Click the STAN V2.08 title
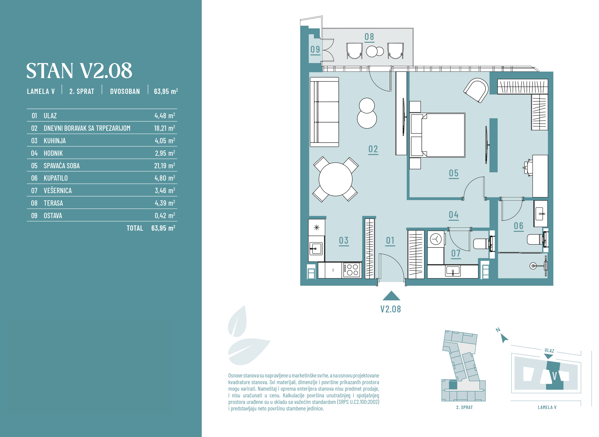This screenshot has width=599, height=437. (x=79, y=71)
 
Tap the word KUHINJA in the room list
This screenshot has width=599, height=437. (x=55, y=141)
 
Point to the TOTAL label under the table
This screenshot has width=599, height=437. (x=135, y=228)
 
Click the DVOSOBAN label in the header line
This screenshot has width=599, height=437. (x=125, y=91)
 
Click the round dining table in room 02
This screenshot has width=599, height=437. (x=335, y=179)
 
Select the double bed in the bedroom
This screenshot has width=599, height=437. (x=437, y=135)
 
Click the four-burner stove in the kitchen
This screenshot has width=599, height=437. (x=352, y=270)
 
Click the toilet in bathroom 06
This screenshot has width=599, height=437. (x=537, y=239)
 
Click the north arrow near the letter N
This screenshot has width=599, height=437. (x=504, y=338)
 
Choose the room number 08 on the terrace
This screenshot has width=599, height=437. (x=369, y=37)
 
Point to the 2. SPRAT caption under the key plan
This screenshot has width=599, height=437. (x=464, y=407)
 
